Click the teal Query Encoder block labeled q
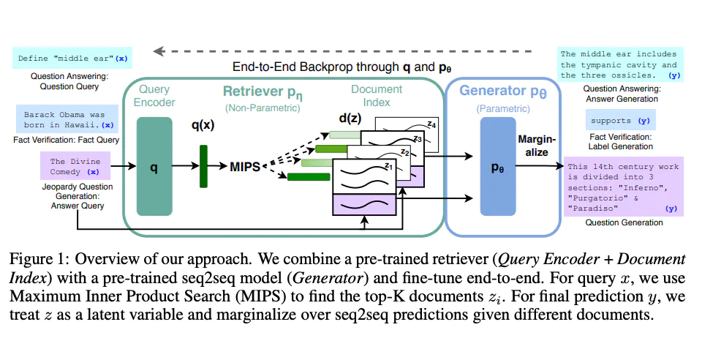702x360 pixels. pos(154,167)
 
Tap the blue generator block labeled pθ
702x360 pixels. pos(497,167)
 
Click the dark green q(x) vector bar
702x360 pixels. pos(203,167)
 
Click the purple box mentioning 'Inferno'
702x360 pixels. pos(623,187)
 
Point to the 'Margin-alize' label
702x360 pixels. pos(537,145)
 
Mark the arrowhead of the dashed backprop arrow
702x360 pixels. pos(156,51)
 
